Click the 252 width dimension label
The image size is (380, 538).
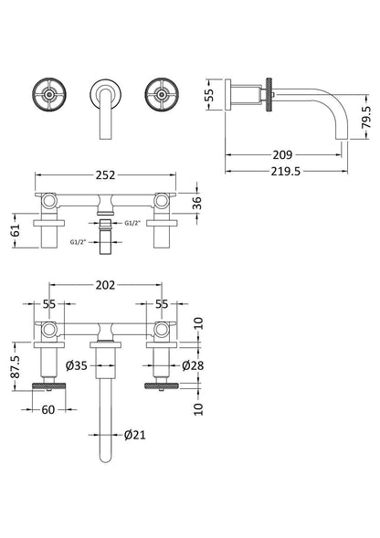click(x=105, y=175)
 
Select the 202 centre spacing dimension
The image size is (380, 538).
click(x=105, y=285)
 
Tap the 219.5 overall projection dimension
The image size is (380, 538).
click(x=286, y=171)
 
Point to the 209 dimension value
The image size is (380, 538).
click(x=282, y=154)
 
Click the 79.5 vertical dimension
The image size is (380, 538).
click(x=366, y=117)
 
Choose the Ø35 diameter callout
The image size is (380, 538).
click(x=76, y=365)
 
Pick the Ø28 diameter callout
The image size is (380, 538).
click(x=193, y=365)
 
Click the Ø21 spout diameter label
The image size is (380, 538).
click(x=134, y=435)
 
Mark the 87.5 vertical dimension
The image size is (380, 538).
click(x=16, y=366)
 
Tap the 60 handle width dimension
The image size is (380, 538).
click(x=48, y=409)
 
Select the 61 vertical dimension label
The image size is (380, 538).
click(x=16, y=230)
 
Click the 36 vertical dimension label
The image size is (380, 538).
click(x=197, y=203)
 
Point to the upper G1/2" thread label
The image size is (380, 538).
click(x=132, y=224)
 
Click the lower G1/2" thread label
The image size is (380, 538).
click(x=78, y=242)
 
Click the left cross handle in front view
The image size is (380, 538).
click(x=49, y=94)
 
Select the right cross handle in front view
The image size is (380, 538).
click(x=162, y=94)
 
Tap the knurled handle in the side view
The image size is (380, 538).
click(x=269, y=94)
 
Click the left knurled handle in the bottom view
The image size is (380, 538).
click(x=48, y=386)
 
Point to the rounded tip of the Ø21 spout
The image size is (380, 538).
click(x=106, y=460)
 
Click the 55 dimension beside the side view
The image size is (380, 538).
click(x=210, y=94)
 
